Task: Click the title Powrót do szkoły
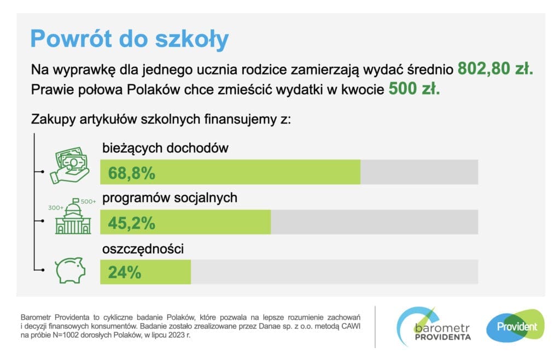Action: [x=129, y=39]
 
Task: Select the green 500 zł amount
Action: [x=414, y=89]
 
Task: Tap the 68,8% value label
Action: [x=132, y=173]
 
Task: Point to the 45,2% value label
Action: [x=132, y=223]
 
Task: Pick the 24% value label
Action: [x=125, y=272]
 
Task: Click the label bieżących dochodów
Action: [x=165, y=148]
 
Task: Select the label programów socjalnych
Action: [x=170, y=198]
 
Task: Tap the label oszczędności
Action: [x=143, y=249]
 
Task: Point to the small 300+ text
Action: [x=56, y=208]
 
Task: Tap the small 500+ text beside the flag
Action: [x=88, y=201]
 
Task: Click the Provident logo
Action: [x=516, y=327]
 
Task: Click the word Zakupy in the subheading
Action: [x=51, y=119]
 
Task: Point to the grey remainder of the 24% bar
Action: [x=334, y=272]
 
